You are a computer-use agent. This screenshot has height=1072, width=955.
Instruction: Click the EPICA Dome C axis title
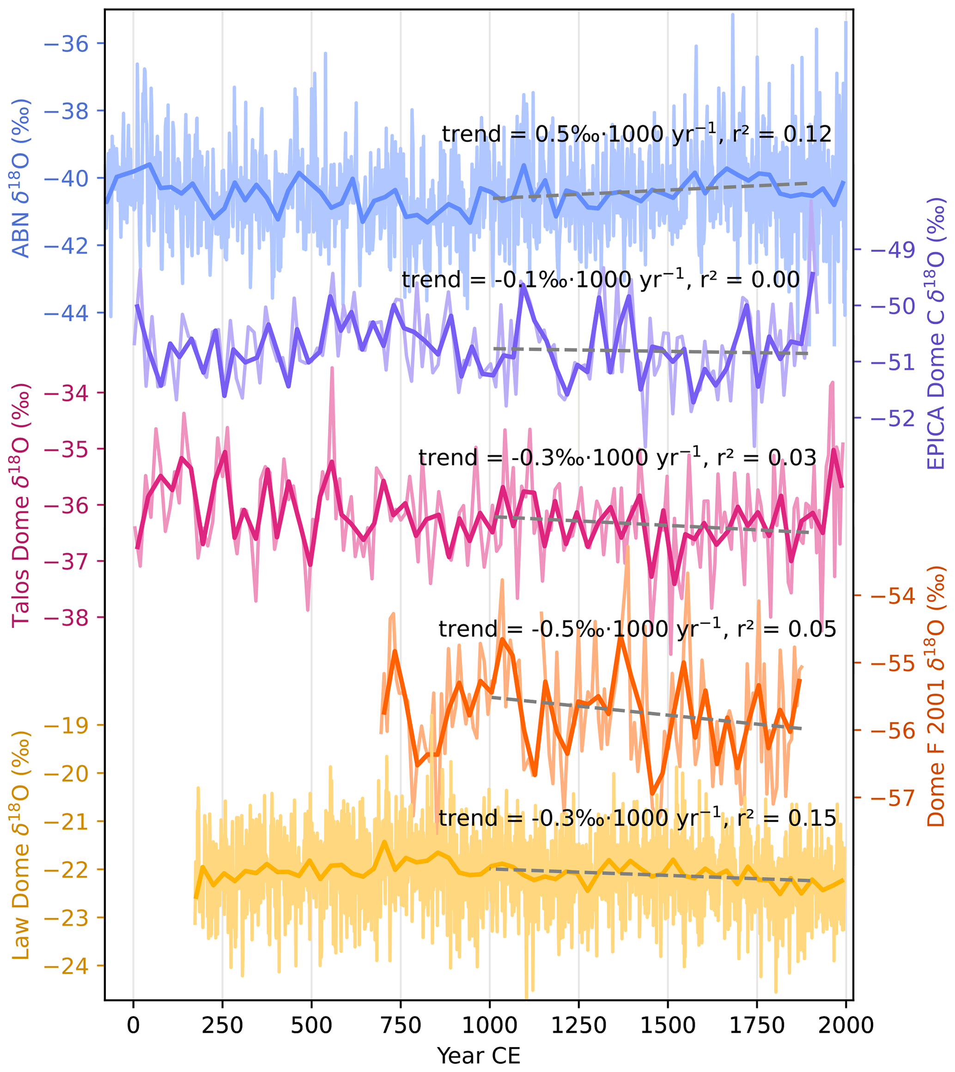click(936, 333)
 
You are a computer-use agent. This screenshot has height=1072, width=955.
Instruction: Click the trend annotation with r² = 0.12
click(637, 134)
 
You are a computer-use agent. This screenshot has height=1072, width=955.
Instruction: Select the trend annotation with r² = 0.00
click(601, 279)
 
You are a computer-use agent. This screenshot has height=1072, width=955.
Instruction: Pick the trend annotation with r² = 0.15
click(637, 818)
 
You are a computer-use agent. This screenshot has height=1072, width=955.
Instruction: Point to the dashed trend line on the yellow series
click(651, 874)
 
